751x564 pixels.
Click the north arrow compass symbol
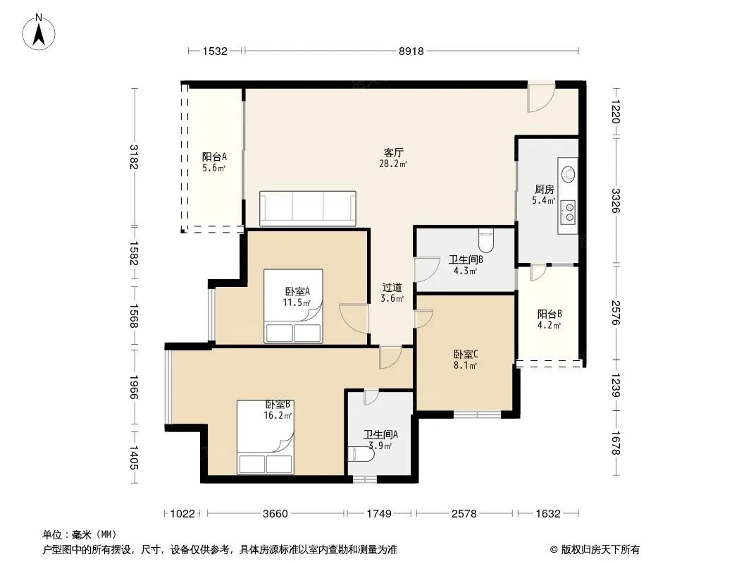tap(39, 32)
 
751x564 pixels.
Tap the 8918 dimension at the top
tap(411, 51)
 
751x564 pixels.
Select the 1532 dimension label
tap(215, 51)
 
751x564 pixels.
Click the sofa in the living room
tap(307, 209)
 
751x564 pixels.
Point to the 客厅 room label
tap(393, 152)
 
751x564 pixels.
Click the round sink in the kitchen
tap(569, 173)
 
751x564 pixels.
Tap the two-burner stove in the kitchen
tap(569, 211)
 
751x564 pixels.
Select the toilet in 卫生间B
tap(485, 240)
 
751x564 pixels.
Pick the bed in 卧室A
tap(293, 306)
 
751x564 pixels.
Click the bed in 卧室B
tap(266, 437)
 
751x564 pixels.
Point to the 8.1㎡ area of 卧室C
tap(465, 366)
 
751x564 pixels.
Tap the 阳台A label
tap(214, 157)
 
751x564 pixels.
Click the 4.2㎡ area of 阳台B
tap(549, 326)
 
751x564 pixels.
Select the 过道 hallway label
tap(392, 288)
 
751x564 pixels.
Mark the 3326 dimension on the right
tap(616, 201)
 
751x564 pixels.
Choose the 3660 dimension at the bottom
tap(275, 514)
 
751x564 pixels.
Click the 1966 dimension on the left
tap(134, 387)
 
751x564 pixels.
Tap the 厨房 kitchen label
tap(544, 189)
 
